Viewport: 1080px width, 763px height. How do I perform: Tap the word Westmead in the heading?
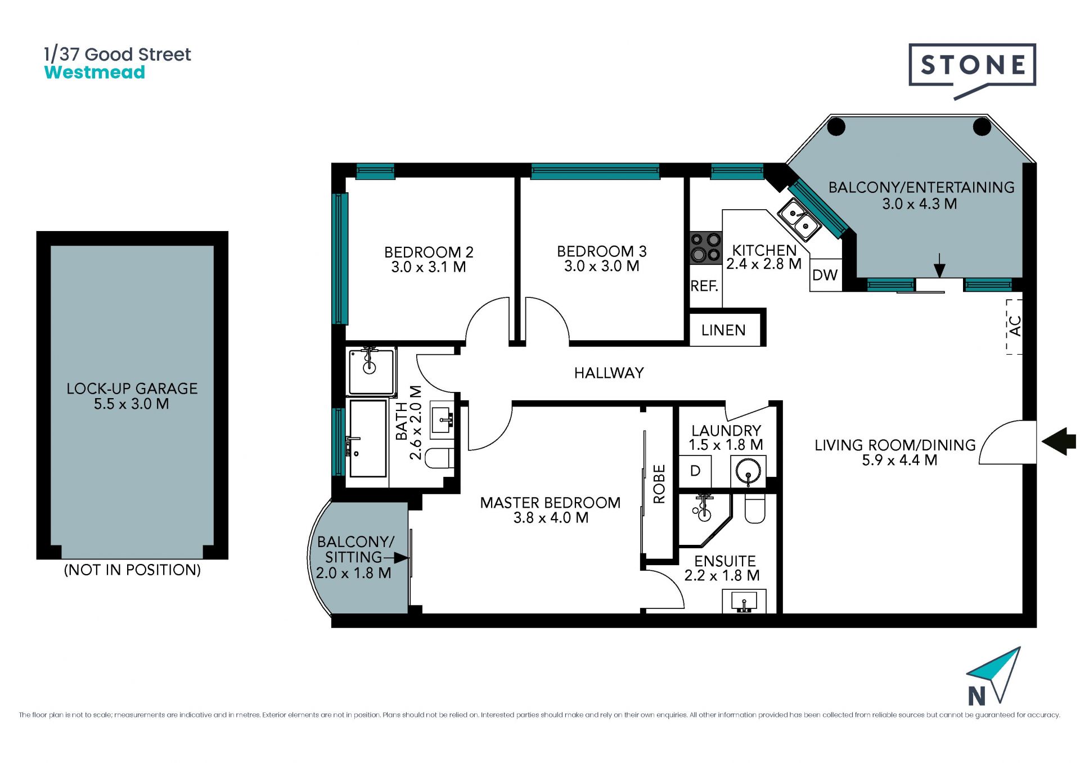coord(94,73)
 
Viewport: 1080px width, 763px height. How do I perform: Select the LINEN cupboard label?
coord(723,330)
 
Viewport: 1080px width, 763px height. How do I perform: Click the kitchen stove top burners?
coord(706,248)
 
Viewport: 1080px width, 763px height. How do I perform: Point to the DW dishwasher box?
coord(826,274)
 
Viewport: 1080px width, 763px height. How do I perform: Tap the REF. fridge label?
coord(704,286)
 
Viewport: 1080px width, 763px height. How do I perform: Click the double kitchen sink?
coord(799,220)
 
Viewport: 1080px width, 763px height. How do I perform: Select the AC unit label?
coord(1015,326)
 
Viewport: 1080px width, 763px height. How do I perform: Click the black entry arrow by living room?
coord(1059,441)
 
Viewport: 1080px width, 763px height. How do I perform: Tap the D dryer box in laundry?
coord(695,471)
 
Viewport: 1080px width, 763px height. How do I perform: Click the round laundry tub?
coord(749,471)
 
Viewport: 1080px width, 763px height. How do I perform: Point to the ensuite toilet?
coord(755,509)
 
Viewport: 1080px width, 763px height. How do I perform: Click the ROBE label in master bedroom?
coord(659,484)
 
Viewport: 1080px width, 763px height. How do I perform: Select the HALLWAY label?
coord(609,373)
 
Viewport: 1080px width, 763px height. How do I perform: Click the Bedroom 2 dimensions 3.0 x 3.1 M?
coord(429,267)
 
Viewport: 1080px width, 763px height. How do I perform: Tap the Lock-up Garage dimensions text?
coord(132,404)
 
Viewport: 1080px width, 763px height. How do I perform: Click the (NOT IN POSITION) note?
coord(132,570)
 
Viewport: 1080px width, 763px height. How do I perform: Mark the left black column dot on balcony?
coord(836,127)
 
